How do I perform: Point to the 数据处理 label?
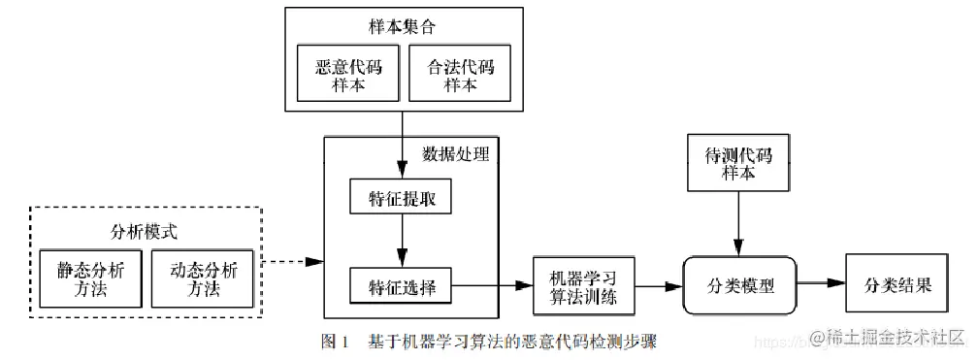[x=456, y=153]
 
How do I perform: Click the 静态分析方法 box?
[x=90, y=277]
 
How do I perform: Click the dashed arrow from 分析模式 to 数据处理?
[x=293, y=262]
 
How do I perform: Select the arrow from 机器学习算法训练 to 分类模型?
[x=658, y=286]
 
